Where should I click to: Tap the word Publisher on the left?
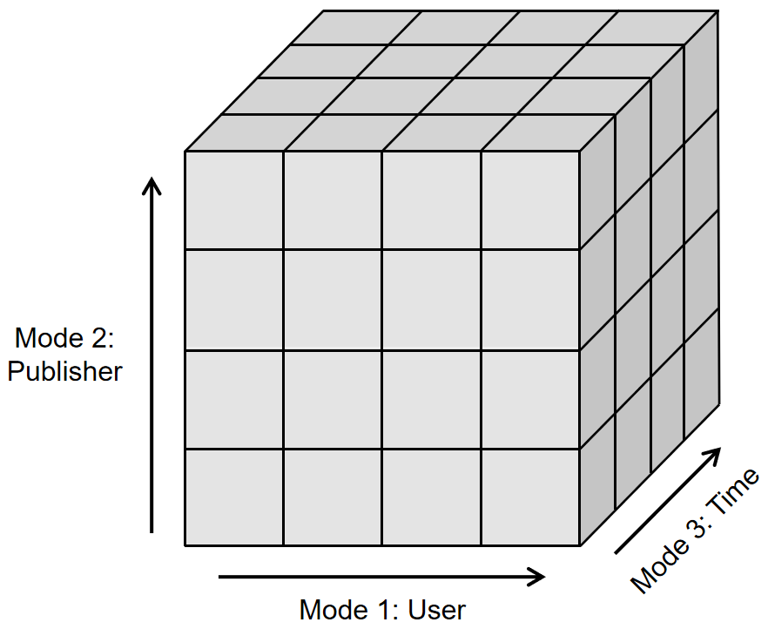(64, 371)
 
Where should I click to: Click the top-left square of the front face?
(234, 200)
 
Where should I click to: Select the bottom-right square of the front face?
(530, 497)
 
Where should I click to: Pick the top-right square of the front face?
(530, 200)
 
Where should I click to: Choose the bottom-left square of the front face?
(234, 497)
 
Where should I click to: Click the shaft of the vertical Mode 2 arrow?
(152, 366)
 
